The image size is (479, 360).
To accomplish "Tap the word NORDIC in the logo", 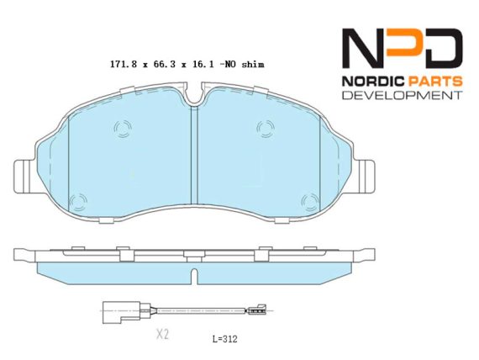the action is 372,82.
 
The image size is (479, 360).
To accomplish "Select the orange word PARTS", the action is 434,82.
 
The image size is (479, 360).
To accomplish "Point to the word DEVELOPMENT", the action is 403,95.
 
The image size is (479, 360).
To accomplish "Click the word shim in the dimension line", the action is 253,65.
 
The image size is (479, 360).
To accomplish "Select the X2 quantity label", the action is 162,334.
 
